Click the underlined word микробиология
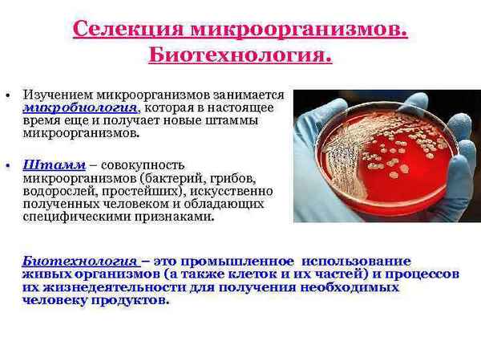tap(70, 107)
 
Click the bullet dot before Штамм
tap(7, 164)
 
